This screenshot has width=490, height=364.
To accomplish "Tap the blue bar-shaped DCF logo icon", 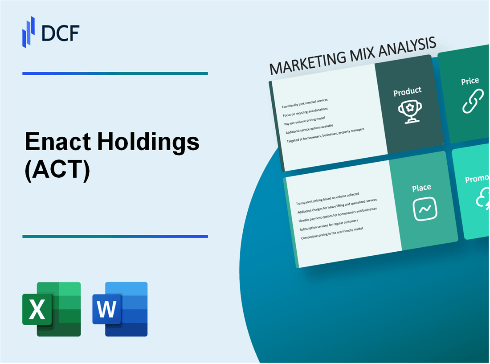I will pos(29,32).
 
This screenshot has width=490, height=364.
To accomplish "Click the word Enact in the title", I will pos(57,142).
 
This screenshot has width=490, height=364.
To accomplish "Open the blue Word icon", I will pos(120,309).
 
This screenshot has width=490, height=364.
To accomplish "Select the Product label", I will pos(407,91).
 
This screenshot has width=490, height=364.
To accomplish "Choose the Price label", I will pos(470,81).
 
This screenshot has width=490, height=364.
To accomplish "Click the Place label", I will pos(421,188).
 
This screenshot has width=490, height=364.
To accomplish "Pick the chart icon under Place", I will pos(425,209).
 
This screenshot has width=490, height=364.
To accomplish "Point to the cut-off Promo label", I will pos(477,179).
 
